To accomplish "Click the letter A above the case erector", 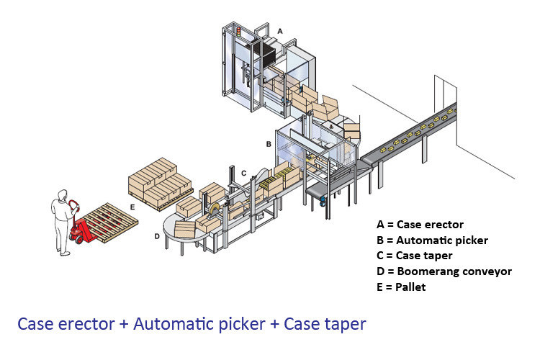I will pos(280,31).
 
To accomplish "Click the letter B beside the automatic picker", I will pos(269,144).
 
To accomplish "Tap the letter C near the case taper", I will pos(244,173).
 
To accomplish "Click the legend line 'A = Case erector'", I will pos(420,224).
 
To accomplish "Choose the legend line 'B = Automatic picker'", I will pos(432,240).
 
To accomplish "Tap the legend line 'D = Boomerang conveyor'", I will pos(444,271).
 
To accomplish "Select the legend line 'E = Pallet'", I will pos(401,287).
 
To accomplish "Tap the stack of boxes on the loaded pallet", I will pos(160,181).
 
